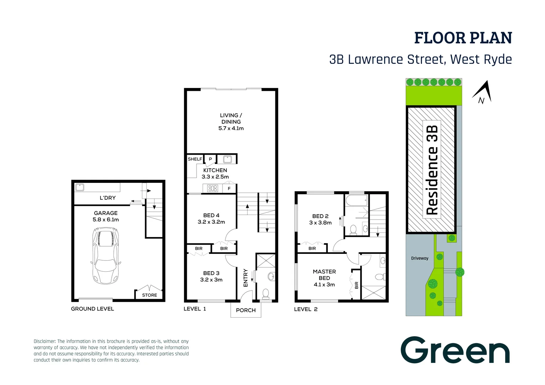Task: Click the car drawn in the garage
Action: click(106, 256)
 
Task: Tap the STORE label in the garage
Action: click(149, 295)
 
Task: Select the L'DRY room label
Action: click(107, 198)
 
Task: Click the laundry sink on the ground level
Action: click(80, 187)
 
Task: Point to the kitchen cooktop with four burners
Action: click(213, 188)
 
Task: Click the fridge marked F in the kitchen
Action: click(229, 189)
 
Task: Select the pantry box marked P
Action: click(210, 159)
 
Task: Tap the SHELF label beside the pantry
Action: click(195, 159)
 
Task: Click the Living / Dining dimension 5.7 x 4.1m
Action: click(231, 128)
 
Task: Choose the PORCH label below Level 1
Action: click(246, 310)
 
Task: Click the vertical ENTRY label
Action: click(245, 278)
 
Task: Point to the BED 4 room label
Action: click(211, 215)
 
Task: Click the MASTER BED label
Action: click(324, 275)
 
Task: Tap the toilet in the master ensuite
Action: click(379, 277)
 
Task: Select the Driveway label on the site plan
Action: click(419, 258)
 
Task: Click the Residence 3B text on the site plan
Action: click(432, 170)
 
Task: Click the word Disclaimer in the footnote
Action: click(45, 341)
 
